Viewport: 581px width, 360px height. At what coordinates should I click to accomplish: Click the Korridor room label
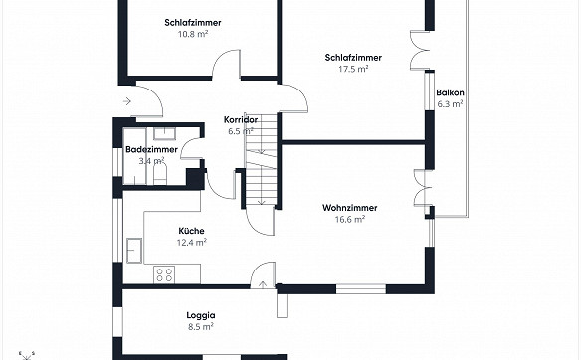pyautogui.click(x=241, y=120)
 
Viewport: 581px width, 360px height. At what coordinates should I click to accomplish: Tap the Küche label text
pyautogui.click(x=191, y=231)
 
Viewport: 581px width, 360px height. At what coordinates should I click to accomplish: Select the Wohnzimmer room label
pyautogui.click(x=350, y=208)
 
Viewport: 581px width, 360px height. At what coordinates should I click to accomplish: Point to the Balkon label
pyautogui.click(x=450, y=92)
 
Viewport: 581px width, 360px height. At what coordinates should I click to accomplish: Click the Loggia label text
pyautogui.click(x=200, y=316)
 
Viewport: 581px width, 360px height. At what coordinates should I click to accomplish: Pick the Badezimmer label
pyautogui.click(x=151, y=149)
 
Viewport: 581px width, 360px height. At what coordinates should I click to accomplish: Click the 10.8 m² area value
pyautogui.click(x=193, y=34)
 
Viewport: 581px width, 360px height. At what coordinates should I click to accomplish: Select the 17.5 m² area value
pyautogui.click(x=353, y=69)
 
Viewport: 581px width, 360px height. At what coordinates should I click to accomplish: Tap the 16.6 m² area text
pyautogui.click(x=350, y=219)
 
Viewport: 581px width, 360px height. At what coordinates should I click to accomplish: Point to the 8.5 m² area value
pyautogui.click(x=200, y=327)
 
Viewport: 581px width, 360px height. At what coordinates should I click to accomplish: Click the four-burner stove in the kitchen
pyautogui.click(x=164, y=274)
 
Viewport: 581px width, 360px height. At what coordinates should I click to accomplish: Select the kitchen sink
pyautogui.click(x=134, y=251)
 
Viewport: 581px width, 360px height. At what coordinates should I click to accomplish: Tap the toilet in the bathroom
pyautogui.click(x=160, y=174)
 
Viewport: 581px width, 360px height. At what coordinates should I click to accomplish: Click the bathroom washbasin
pyautogui.click(x=164, y=133)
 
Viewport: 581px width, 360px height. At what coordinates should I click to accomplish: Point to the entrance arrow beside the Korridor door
pyautogui.click(x=127, y=101)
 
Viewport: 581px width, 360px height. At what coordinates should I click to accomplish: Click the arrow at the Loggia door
pyautogui.click(x=263, y=284)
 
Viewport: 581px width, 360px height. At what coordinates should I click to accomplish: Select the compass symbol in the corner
pyautogui.click(x=26, y=356)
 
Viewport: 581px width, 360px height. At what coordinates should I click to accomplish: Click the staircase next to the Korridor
pyautogui.click(x=262, y=160)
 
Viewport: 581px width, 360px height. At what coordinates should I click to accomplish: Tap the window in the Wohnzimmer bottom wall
pyautogui.click(x=361, y=289)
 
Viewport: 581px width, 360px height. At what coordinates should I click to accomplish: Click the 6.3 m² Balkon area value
pyautogui.click(x=450, y=104)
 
